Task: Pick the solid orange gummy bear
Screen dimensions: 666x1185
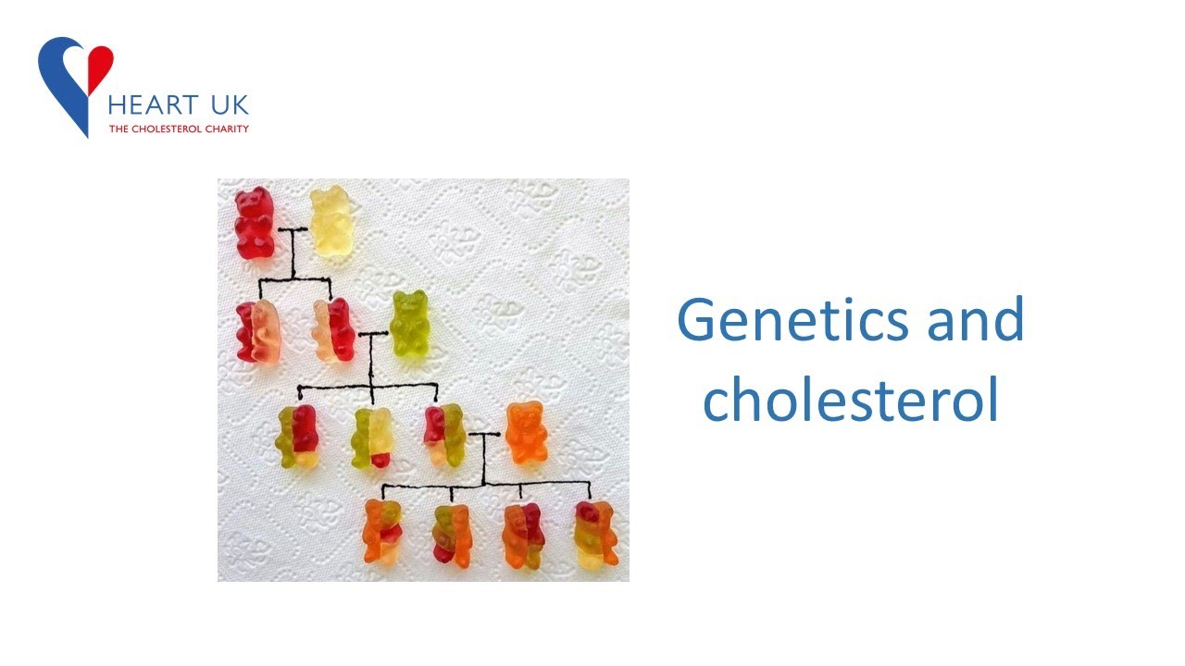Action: [x=526, y=433]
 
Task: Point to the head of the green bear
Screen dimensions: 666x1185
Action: [x=409, y=303]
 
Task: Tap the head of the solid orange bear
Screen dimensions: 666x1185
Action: [x=526, y=414]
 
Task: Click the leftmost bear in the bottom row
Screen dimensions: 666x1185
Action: [x=382, y=531]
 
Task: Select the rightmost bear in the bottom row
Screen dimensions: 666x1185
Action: [x=595, y=534]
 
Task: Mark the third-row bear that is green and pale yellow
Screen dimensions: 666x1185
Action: [x=372, y=438]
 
